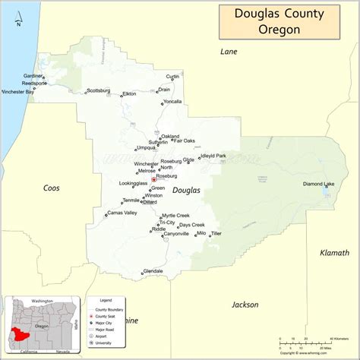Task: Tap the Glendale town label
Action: point(153,271)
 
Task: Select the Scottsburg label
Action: point(98,90)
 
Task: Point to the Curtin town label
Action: point(173,76)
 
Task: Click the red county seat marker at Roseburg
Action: point(154,179)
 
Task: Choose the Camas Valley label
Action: point(122,213)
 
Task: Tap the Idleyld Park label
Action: point(213,156)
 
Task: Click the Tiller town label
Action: point(216,234)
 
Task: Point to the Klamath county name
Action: point(335,252)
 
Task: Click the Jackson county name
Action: point(245,305)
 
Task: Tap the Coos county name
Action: point(52,188)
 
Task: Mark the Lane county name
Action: point(229,52)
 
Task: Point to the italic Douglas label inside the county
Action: point(186,190)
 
